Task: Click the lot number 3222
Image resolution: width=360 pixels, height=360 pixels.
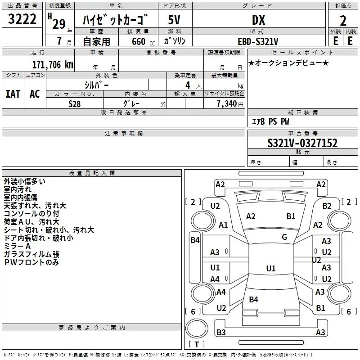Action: click(x=22, y=19)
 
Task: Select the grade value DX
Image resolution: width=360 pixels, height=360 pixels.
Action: click(x=259, y=20)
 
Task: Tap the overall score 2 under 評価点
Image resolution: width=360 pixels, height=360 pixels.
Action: click(x=343, y=21)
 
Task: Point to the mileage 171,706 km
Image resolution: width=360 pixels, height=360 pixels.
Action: click(x=53, y=65)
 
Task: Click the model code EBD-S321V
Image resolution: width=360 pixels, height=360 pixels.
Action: click(x=258, y=41)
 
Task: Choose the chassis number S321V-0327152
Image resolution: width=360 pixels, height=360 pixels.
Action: click(x=302, y=143)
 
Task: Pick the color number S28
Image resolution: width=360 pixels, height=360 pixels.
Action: click(x=74, y=104)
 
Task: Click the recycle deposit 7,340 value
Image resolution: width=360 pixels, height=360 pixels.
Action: click(x=227, y=104)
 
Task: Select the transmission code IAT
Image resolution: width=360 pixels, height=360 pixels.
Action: click(x=13, y=94)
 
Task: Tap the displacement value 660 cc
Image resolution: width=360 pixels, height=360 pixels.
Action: click(x=143, y=41)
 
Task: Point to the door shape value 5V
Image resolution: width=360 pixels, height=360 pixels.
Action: click(x=174, y=20)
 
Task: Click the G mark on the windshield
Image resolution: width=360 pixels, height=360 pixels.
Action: click(x=284, y=237)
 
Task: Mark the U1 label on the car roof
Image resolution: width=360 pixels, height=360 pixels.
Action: click(x=271, y=268)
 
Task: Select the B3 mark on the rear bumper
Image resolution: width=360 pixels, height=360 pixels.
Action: click(x=221, y=332)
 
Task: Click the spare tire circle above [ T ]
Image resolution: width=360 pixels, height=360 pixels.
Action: click(x=197, y=328)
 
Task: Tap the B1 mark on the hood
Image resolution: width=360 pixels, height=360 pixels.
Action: click(x=291, y=216)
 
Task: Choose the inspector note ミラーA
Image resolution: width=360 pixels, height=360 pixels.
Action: click(x=17, y=246)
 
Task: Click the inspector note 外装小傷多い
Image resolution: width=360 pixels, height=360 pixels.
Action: click(x=25, y=181)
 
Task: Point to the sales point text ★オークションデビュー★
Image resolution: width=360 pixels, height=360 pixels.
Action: click(x=288, y=63)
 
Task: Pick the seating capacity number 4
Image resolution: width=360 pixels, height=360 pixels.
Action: click(x=188, y=85)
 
